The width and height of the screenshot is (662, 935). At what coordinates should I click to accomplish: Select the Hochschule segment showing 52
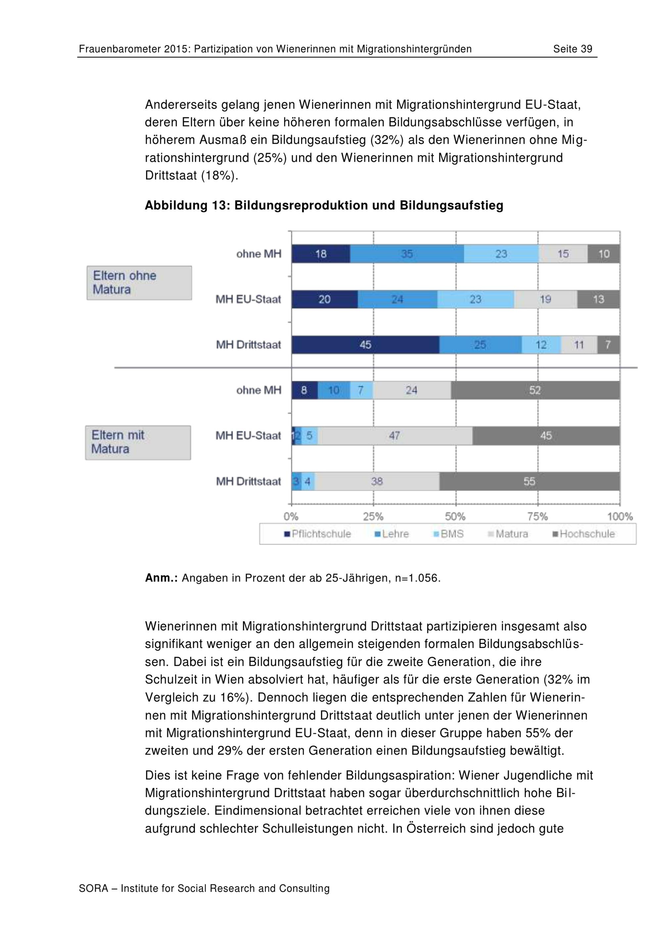535,390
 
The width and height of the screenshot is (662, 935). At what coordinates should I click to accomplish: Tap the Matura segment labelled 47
395,436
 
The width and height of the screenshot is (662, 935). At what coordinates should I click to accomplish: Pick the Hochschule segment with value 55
530,481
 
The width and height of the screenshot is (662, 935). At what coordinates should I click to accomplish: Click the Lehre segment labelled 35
407,254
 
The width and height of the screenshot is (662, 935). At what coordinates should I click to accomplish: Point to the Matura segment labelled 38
377,481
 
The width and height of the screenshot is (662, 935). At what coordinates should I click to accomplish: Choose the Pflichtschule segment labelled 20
325,299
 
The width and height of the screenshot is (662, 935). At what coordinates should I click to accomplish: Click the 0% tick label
291,517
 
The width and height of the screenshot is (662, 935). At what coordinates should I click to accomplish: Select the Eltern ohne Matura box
139,283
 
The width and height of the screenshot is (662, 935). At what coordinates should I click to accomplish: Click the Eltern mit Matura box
138,443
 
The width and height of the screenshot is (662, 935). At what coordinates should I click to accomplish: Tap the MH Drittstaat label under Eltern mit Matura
249,481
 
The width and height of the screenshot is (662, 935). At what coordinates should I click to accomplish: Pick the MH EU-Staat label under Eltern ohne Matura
249,299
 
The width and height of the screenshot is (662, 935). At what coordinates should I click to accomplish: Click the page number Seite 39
572,49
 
